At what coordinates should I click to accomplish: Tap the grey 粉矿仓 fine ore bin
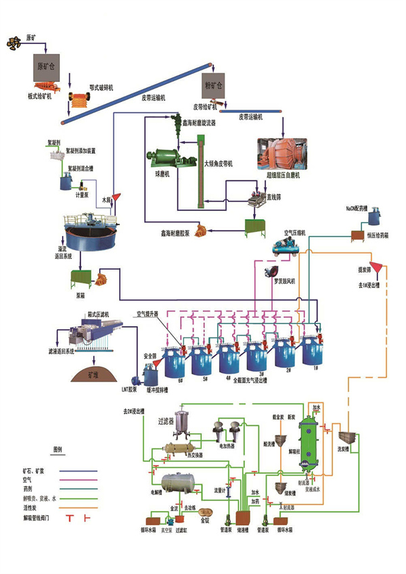[212, 87]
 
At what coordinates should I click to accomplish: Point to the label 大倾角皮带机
[220, 164]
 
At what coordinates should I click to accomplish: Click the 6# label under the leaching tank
[180, 381]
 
